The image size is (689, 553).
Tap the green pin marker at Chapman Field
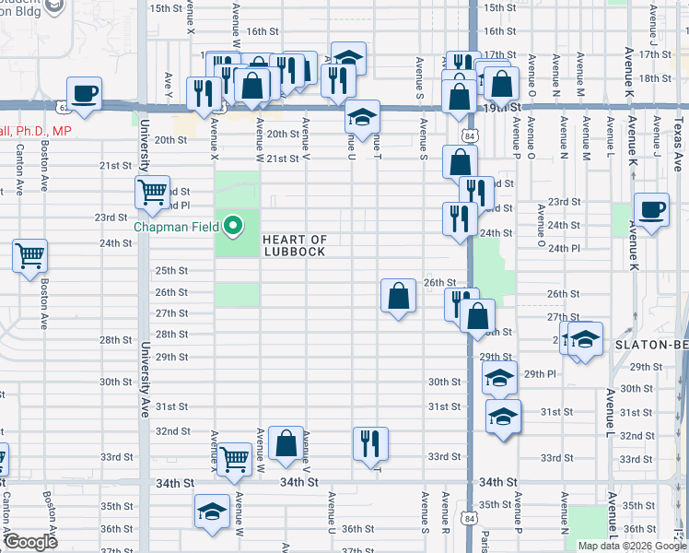pos(234,225)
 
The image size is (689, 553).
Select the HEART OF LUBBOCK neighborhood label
pos(295,246)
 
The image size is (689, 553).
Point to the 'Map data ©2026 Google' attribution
pos(632,546)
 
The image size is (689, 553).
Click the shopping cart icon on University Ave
pos(152,192)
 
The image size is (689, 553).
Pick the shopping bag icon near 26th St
pos(398,296)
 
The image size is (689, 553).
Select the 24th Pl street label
pos(563,249)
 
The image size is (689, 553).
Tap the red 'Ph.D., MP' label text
pos(38,132)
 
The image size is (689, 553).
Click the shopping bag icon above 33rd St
pos(286,441)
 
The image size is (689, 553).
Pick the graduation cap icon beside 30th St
pos(499,376)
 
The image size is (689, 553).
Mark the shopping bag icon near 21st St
pos(459,162)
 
